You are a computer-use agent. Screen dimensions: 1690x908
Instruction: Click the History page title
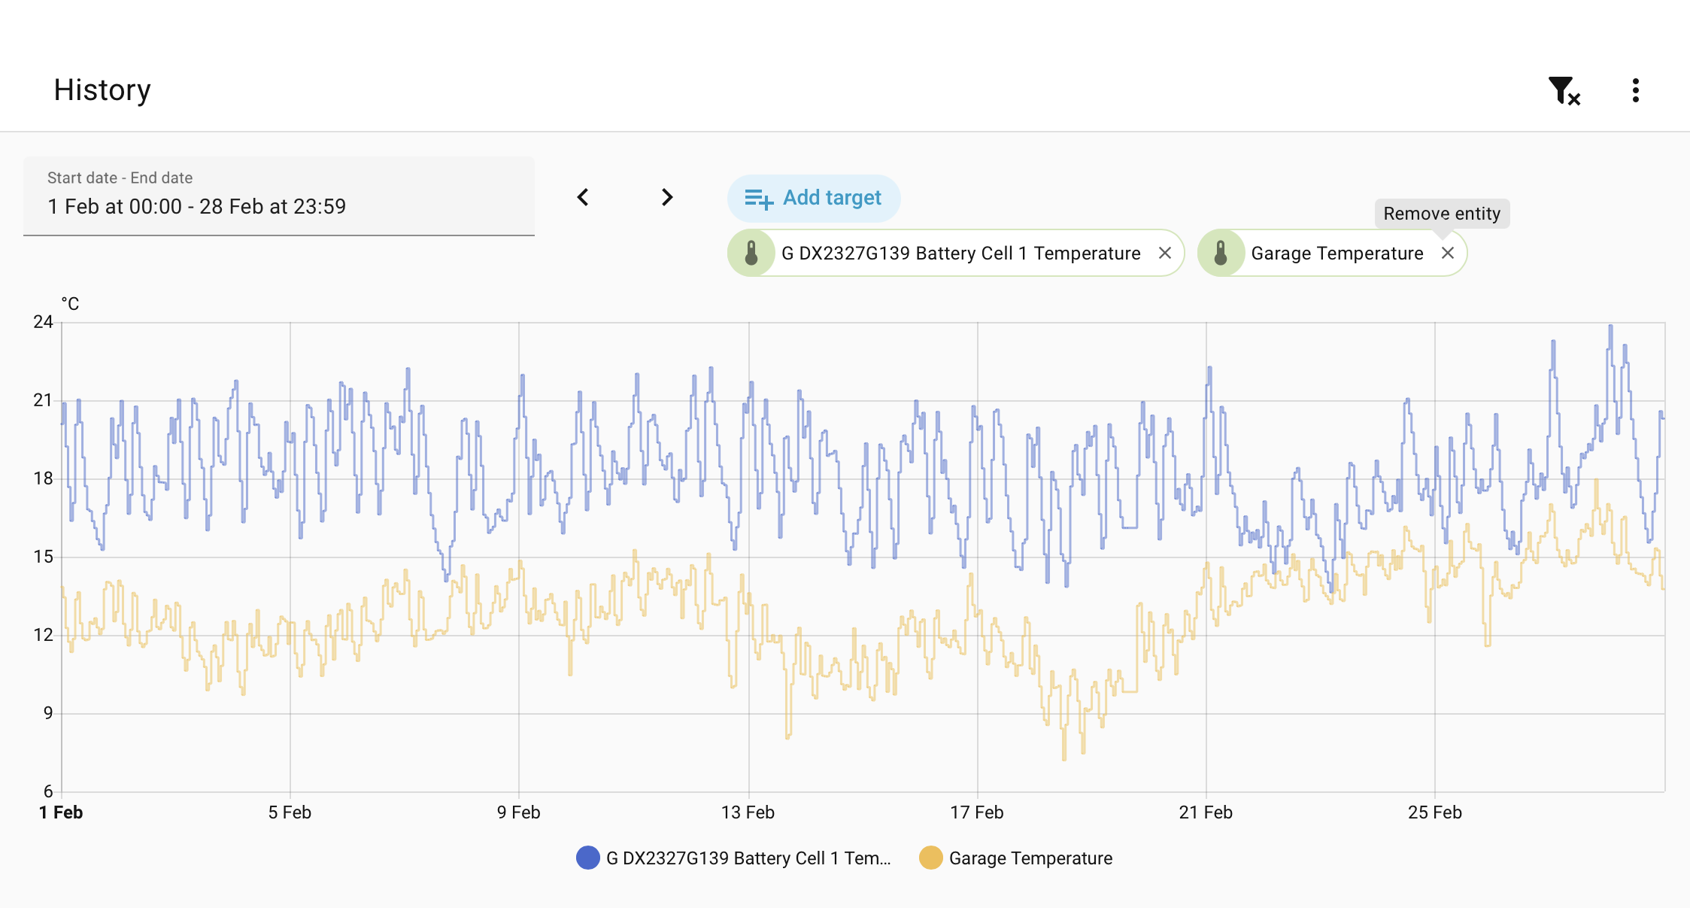[102, 90]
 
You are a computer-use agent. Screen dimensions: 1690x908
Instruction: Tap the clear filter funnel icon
[1564, 91]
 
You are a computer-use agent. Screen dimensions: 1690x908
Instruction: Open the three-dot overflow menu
[1635, 90]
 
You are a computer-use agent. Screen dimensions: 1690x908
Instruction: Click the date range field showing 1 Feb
[279, 196]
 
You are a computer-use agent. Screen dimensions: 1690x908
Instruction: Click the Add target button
[814, 198]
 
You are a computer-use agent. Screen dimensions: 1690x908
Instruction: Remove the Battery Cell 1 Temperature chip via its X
[1165, 253]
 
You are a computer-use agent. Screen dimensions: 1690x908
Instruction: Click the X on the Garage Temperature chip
[1448, 253]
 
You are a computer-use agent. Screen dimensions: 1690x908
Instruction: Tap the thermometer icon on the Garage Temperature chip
[1221, 253]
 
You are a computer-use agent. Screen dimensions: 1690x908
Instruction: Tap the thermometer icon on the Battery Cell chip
[751, 253]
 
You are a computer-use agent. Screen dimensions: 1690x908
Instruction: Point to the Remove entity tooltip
[1442, 214]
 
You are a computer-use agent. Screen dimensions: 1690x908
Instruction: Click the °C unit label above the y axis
[70, 304]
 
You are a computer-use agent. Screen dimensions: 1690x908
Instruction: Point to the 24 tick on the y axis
[43, 322]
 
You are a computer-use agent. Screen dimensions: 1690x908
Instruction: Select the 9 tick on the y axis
[48, 712]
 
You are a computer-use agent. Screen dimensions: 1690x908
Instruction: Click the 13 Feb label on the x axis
[748, 812]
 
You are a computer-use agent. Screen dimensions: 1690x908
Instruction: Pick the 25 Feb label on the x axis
[1435, 812]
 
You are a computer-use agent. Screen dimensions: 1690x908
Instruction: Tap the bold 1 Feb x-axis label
[61, 812]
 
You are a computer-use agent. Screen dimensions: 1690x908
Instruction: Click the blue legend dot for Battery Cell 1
[588, 858]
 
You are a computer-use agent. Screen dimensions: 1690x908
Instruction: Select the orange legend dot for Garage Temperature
[931, 858]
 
